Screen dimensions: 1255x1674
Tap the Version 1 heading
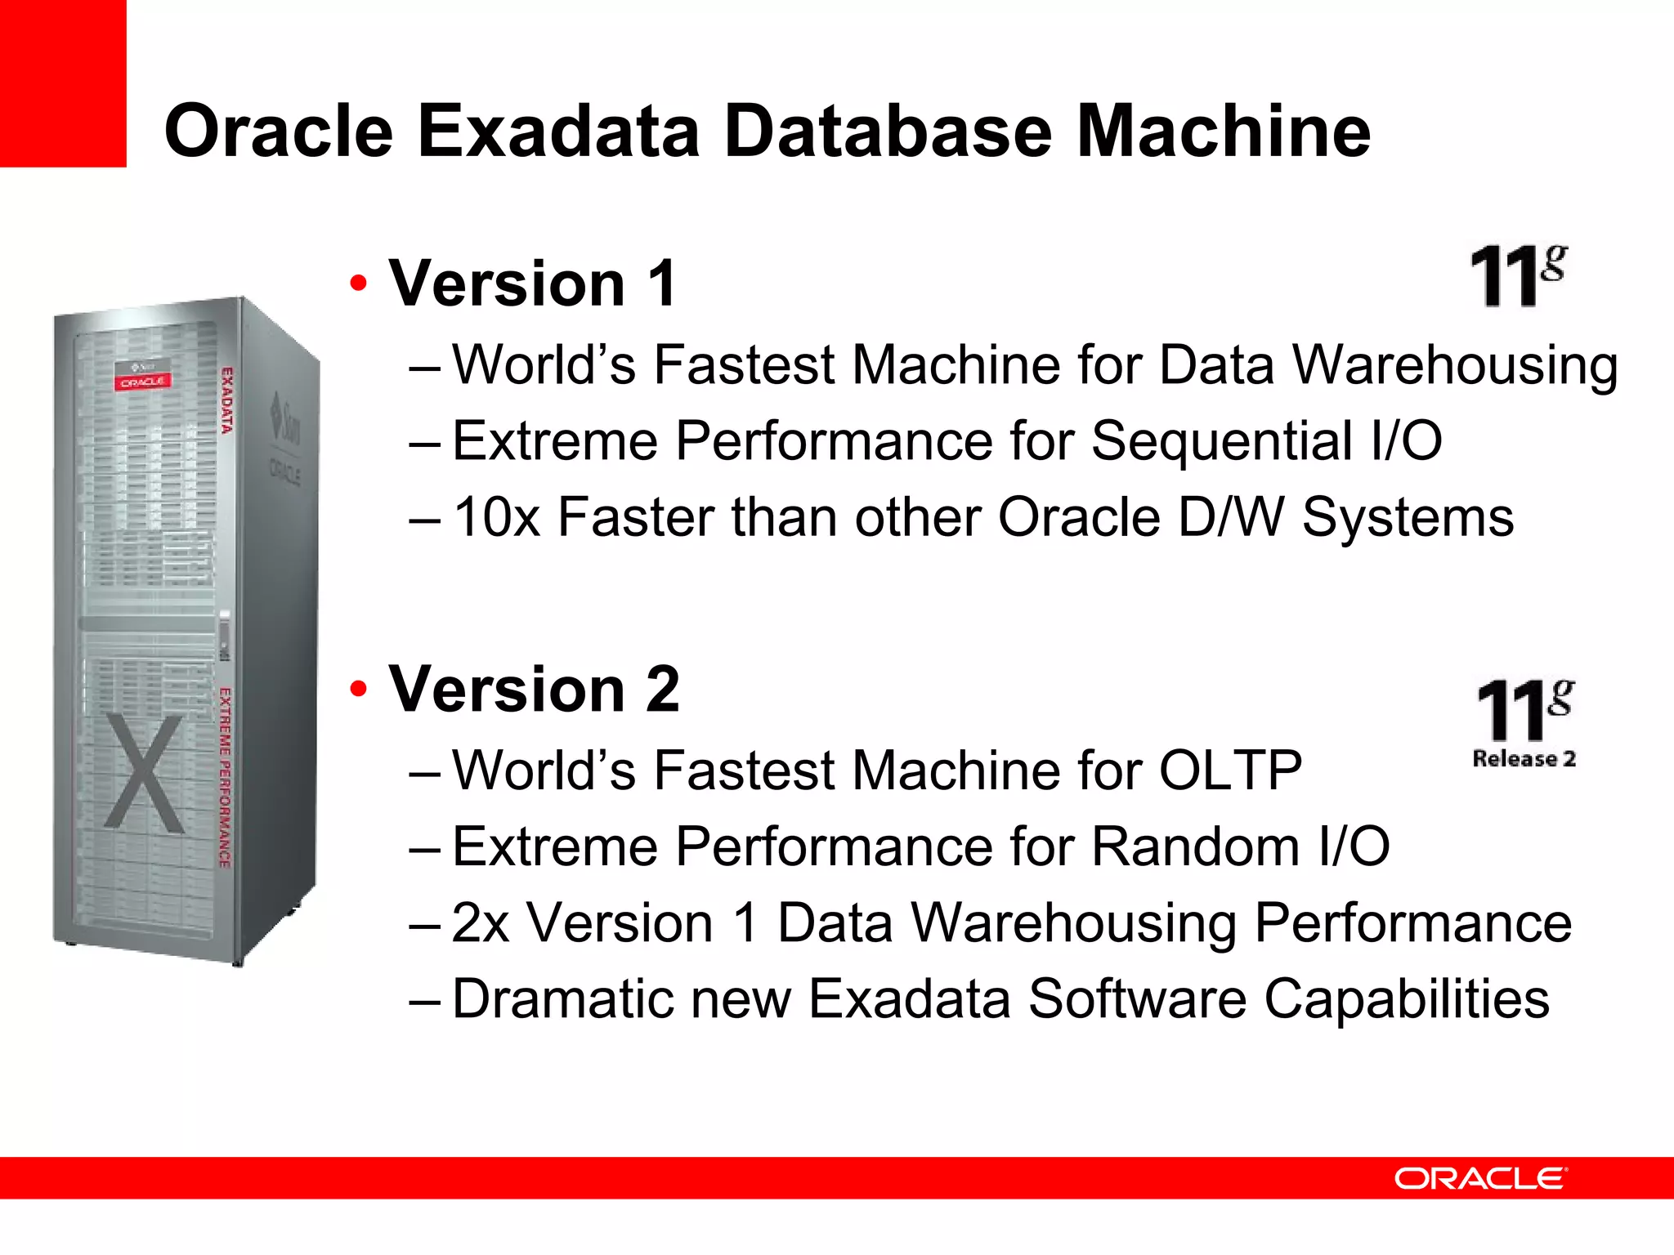tap(532, 284)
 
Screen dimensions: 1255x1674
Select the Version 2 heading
tap(533, 690)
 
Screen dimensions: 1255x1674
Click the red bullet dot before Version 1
tap(358, 285)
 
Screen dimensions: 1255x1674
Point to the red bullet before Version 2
tap(358, 690)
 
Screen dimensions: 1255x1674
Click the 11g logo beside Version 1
tap(1518, 276)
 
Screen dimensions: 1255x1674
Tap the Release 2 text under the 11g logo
tap(1524, 759)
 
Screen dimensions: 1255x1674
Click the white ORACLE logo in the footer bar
tap(1479, 1178)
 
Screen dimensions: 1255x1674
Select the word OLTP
tap(1230, 770)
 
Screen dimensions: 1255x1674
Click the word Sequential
tap(1221, 441)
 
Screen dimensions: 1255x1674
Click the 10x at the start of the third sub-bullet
tap(496, 518)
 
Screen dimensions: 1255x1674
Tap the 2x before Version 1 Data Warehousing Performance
tap(481, 923)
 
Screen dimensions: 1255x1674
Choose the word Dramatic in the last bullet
tap(563, 999)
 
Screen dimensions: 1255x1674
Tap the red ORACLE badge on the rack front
tap(142, 382)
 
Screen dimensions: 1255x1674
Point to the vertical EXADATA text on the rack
tap(227, 400)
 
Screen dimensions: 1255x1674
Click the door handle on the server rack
tap(225, 635)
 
